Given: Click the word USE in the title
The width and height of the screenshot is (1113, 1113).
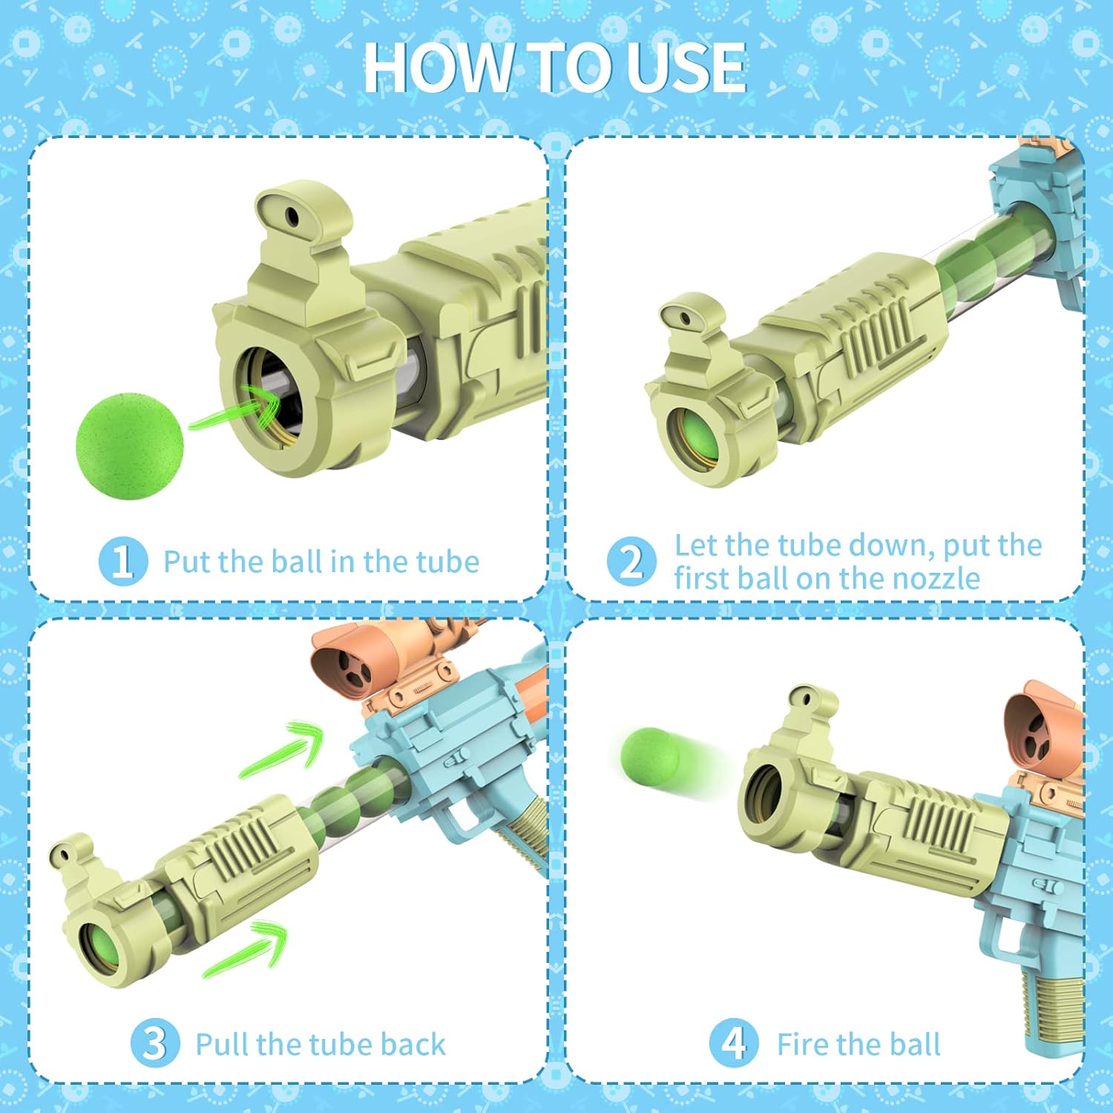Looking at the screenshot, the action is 686,68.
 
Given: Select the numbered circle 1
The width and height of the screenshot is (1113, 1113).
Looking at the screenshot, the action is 122,561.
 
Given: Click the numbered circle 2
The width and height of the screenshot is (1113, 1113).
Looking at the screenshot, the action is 631,561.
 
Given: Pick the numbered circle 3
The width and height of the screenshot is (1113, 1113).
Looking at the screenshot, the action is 155,1043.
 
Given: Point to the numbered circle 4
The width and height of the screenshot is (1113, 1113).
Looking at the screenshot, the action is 734,1043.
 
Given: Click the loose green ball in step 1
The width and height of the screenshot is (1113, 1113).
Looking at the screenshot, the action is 130,445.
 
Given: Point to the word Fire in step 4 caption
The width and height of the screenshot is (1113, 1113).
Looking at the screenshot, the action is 804,1044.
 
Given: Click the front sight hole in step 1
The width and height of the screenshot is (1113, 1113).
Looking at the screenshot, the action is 292,216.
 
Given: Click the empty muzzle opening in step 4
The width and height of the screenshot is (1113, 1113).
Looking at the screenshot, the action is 764,794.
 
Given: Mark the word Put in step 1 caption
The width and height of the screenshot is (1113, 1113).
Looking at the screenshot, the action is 185,562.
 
